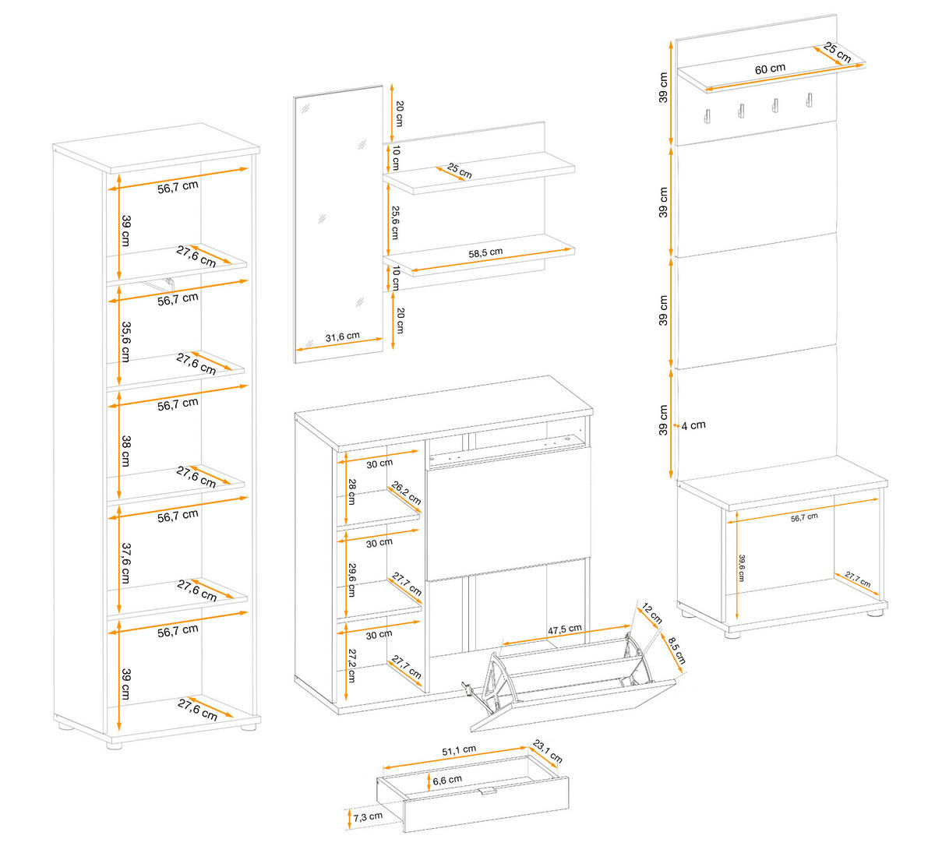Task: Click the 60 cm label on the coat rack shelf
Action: coord(770,69)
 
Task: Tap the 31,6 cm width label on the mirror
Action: coord(342,337)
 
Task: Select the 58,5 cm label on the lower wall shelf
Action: coord(485,252)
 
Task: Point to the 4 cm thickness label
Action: coord(693,425)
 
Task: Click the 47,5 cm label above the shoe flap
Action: coord(565,629)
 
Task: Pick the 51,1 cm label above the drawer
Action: coord(459,750)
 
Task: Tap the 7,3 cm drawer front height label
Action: coord(367,816)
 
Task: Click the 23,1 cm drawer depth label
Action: coord(548,752)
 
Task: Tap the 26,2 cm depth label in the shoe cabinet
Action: coord(406,493)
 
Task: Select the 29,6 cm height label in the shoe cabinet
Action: coord(351,580)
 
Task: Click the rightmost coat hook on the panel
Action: coord(810,101)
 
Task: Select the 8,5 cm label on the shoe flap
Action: coord(674,650)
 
